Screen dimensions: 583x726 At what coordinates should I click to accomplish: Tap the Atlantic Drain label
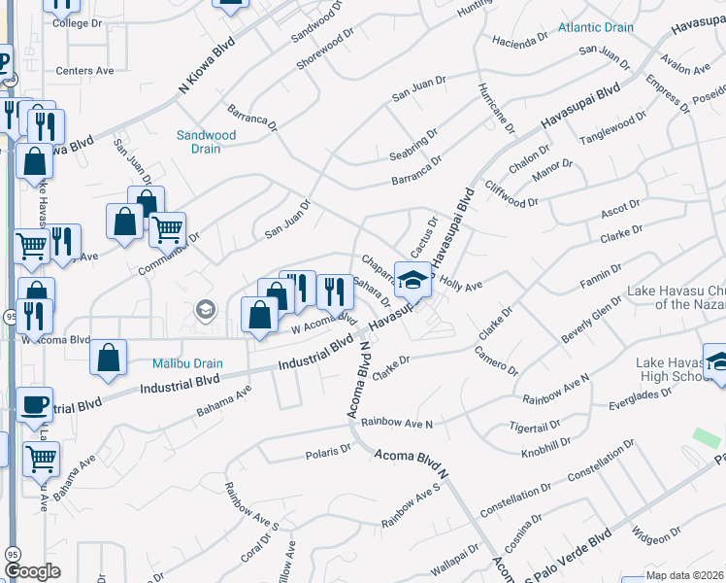click(x=596, y=27)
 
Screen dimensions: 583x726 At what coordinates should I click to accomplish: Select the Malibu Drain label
click(x=187, y=363)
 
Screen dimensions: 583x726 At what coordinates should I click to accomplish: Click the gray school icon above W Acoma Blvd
click(x=204, y=310)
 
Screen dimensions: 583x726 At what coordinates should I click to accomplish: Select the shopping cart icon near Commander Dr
click(x=168, y=230)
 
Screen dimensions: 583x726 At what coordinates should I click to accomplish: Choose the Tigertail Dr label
click(x=535, y=427)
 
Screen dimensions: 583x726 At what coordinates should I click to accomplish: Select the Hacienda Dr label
click(x=521, y=42)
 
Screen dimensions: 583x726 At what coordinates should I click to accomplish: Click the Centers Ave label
click(x=84, y=71)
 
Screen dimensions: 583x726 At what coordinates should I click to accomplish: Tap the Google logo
click(x=32, y=571)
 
